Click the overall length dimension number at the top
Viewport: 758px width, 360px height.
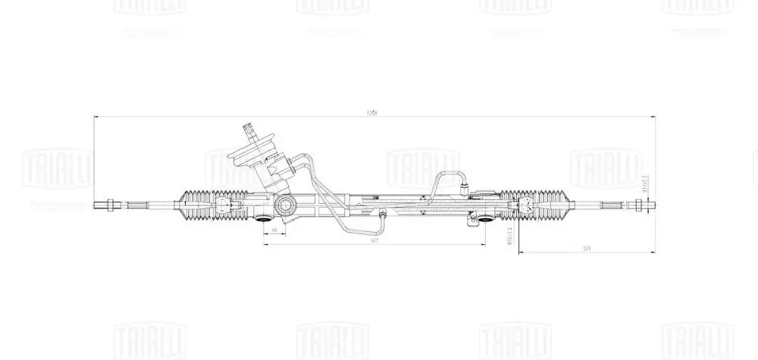371,113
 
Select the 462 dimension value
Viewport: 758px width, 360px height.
374,239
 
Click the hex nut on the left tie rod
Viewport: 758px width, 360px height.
111,204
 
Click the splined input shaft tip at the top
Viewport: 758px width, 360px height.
249,128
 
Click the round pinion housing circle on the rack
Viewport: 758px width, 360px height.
285,203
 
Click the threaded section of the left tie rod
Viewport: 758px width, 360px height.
136,204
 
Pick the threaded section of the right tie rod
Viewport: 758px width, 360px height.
610,204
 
